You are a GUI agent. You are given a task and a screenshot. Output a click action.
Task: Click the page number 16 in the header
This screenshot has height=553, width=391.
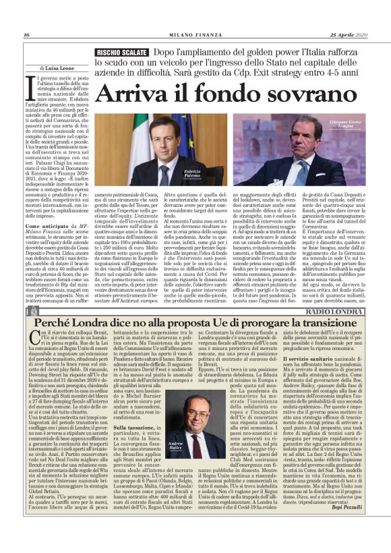pos(26,34)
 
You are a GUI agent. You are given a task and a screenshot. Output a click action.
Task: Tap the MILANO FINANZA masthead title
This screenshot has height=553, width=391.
pos(195,34)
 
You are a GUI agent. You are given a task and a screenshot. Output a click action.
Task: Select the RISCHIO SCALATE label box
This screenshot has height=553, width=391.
pos(121,51)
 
